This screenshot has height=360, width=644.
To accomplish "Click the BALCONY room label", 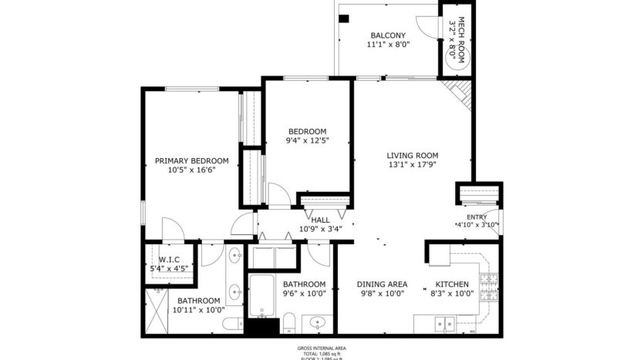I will pos(388,35).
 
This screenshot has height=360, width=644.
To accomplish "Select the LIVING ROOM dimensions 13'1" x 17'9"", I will pos(412,164).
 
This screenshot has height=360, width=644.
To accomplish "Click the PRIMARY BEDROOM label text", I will pos(191,161).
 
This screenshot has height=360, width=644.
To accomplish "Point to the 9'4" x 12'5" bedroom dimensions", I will pos(307,140).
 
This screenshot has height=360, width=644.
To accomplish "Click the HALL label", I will pos(320,220).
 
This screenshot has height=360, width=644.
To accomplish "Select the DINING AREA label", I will pos(382,284).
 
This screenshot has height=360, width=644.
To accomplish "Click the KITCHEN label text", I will pos(449,284).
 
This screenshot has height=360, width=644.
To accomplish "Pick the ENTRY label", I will pos(477,217).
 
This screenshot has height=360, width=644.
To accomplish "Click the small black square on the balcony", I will pos(344,18).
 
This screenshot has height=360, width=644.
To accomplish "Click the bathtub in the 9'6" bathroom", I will pos(261,297).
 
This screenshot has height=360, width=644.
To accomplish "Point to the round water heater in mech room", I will pos(456,65).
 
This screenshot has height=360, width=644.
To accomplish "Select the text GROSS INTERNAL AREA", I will pos(322,348).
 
